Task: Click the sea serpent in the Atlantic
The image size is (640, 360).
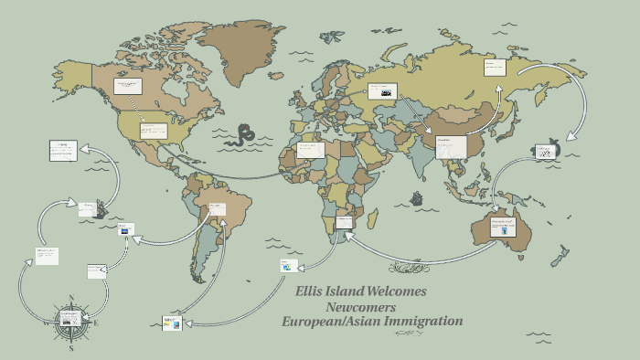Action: click(x=242, y=135)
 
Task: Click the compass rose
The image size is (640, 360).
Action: click(x=71, y=319)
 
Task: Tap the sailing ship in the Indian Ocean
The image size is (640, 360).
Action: click(x=418, y=197)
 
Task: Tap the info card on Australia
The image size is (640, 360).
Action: click(x=501, y=226)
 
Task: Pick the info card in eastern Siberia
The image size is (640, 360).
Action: click(x=496, y=68)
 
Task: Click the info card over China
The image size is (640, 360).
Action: click(x=449, y=146)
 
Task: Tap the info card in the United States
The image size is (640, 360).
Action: click(x=154, y=131)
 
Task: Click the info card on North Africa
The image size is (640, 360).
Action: click(x=311, y=149)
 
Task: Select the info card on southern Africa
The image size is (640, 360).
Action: click(x=344, y=221)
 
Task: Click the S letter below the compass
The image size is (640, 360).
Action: click(x=71, y=348)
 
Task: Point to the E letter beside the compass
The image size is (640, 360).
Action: click(x=96, y=322)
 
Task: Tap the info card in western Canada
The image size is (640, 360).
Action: click(x=126, y=86)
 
